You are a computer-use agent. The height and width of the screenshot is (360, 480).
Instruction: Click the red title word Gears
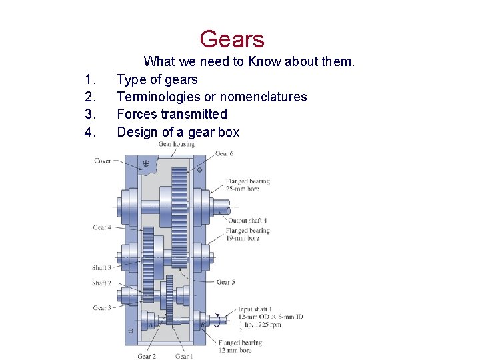(x=231, y=39)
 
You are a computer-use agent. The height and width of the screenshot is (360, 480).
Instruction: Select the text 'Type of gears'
(x=157, y=80)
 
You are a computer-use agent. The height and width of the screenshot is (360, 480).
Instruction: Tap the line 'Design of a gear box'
(x=178, y=132)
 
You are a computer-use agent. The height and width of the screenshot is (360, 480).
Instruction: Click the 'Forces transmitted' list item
(x=172, y=115)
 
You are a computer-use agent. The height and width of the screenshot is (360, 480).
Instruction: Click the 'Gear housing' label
(x=176, y=145)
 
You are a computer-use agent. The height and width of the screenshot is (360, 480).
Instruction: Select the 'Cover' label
(x=103, y=161)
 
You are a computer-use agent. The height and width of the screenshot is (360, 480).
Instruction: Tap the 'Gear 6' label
(x=224, y=154)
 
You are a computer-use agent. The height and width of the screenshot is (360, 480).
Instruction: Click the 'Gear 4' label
(x=101, y=227)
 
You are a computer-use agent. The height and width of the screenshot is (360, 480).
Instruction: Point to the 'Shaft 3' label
(x=101, y=268)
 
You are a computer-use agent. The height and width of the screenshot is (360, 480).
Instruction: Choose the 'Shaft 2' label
(x=101, y=283)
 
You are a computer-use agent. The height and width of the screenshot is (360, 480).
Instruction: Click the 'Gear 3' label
(x=101, y=307)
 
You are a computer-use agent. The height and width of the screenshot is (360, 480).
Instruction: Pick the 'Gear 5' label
(x=226, y=283)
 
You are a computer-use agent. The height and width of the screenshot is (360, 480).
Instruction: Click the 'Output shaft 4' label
(x=247, y=221)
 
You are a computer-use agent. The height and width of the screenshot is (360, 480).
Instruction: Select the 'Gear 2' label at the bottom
(x=147, y=356)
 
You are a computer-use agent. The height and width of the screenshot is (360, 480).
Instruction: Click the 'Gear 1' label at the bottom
(x=184, y=356)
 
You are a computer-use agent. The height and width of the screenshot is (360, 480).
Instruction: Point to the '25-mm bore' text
(x=243, y=189)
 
